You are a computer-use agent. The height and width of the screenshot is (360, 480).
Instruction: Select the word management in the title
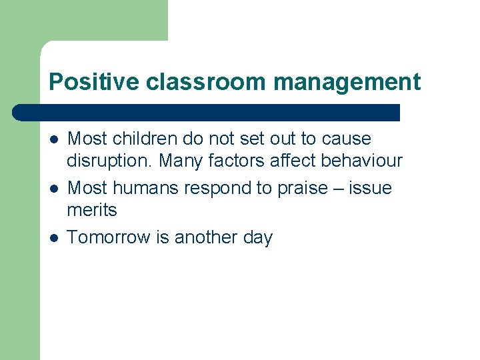[x=347, y=82]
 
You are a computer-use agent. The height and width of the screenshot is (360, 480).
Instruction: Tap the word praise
[x=297, y=189]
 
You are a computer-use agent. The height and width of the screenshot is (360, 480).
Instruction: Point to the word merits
[x=92, y=211]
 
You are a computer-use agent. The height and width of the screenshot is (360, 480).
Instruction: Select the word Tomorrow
[x=109, y=238]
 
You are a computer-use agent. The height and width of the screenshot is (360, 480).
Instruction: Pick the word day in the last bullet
[x=258, y=238]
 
